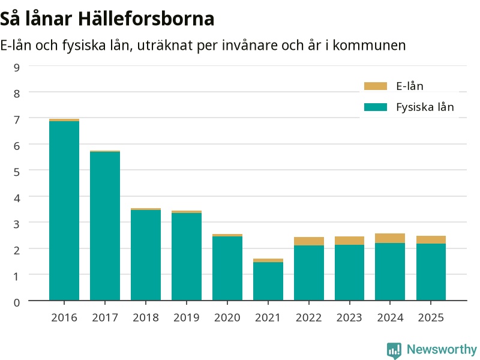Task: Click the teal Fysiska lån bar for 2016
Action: [64, 211]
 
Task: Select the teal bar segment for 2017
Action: [104, 226]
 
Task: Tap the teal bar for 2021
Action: [268, 281]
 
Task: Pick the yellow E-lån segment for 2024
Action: [390, 238]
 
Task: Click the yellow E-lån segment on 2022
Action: [309, 241]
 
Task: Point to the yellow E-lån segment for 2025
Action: [431, 239]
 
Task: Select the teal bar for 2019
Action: [187, 257]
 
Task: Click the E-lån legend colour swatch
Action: [376, 86]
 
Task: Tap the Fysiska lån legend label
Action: [425, 107]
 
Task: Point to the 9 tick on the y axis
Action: [17, 67]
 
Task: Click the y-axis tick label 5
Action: [17, 172]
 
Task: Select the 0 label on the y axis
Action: [17, 302]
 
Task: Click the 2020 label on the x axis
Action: [227, 317]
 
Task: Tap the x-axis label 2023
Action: [349, 317]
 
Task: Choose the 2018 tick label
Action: [146, 317]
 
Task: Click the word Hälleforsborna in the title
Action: [146, 19]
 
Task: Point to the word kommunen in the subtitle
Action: [369, 46]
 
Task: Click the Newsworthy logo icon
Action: [394, 350]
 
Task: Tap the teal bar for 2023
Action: [349, 272]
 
